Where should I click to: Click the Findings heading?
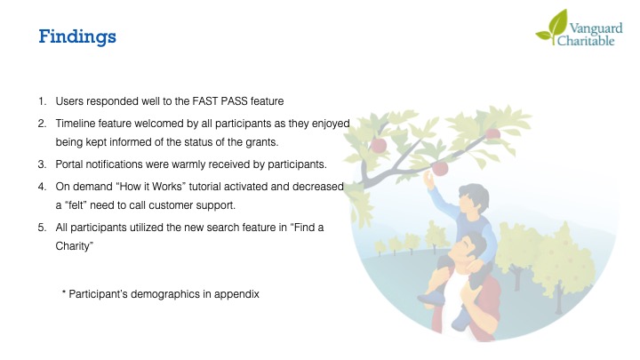click(77, 36)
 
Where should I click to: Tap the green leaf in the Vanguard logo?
click(553, 27)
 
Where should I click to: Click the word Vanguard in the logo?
click(596, 29)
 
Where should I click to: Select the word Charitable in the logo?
click(586, 40)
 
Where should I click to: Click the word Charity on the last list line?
click(74, 246)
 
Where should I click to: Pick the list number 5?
click(42, 228)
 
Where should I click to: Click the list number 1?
click(42, 101)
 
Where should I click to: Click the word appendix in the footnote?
click(236, 295)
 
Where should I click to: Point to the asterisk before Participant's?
click(64, 292)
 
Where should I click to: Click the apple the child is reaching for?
click(440, 168)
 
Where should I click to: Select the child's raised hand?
click(428, 179)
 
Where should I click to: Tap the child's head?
click(473, 197)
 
